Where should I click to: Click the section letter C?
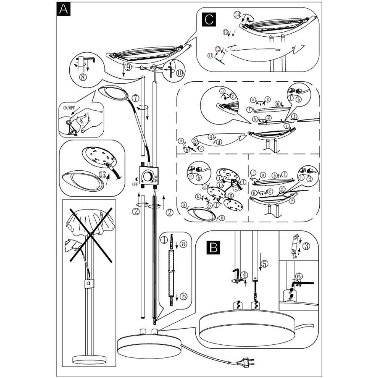[208, 19]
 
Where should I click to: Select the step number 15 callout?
[103, 174]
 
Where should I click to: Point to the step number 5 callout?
[265, 263]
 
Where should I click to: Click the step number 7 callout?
[135, 98]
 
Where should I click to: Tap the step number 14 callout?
[237, 15]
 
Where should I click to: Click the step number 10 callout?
[180, 73]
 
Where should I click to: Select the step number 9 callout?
[128, 68]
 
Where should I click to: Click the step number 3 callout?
[306, 246]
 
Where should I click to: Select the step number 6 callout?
[299, 276]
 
